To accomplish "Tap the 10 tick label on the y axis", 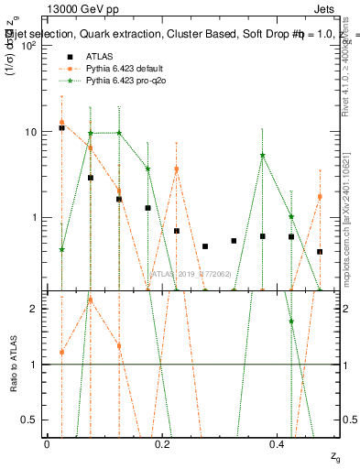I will [x=31, y=132].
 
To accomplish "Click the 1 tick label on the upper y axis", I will [x=35, y=218].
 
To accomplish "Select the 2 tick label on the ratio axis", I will [x=35, y=309].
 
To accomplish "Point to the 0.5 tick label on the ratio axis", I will [x=30, y=420].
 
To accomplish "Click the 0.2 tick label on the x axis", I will [x=161, y=444].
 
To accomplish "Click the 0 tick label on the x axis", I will [x=47, y=444].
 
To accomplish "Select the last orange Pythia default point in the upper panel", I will [x=320, y=196].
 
